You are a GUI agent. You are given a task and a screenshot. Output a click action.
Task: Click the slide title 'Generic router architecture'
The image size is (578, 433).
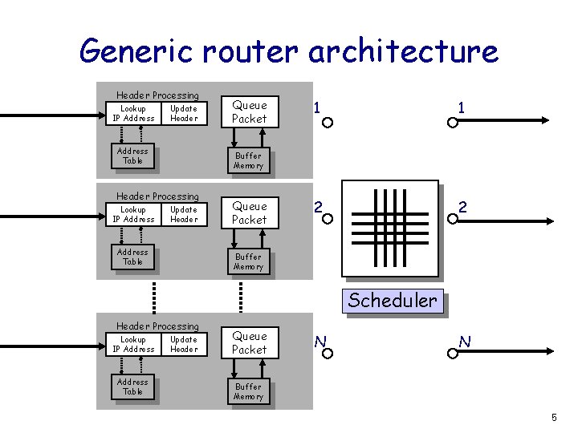pyautogui.click(x=289, y=51)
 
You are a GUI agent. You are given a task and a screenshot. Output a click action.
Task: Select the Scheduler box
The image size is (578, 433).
pyautogui.click(x=393, y=301)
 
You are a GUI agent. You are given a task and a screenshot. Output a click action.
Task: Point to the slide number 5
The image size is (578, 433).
pyautogui.click(x=554, y=417)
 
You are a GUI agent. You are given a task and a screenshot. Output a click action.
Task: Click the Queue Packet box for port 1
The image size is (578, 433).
pyautogui.click(x=249, y=111)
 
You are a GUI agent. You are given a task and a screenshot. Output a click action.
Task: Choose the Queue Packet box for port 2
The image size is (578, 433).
pyautogui.click(x=249, y=212)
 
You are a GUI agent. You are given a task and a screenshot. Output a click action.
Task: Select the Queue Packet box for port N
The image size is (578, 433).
pyautogui.click(x=249, y=342)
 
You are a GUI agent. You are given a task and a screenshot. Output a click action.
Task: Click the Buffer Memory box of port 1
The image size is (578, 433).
pyautogui.click(x=248, y=160)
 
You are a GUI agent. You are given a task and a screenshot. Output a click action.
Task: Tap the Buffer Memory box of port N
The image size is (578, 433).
pyautogui.click(x=248, y=391)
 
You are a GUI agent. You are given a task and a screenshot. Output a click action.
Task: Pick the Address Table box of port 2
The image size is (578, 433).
pyautogui.click(x=132, y=257)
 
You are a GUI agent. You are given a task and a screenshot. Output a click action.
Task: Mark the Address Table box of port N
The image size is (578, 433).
pyautogui.click(x=132, y=386)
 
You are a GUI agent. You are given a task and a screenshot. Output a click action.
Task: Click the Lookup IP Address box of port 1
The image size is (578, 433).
pyautogui.click(x=133, y=113)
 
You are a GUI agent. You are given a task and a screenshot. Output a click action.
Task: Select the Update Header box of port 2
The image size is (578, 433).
pyautogui.click(x=184, y=214)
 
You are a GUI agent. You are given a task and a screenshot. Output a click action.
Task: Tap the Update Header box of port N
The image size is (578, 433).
pyautogui.click(x=184, y=344)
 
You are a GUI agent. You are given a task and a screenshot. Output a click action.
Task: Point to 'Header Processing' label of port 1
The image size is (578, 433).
pyautogui.click(x=157, y=95)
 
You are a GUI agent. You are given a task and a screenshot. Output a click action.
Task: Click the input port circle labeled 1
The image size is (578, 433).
pyautogui.click(x=328, y=123)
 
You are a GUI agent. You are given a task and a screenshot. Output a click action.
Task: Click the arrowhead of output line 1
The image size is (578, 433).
pyautogui.click(x=544, y=122)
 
